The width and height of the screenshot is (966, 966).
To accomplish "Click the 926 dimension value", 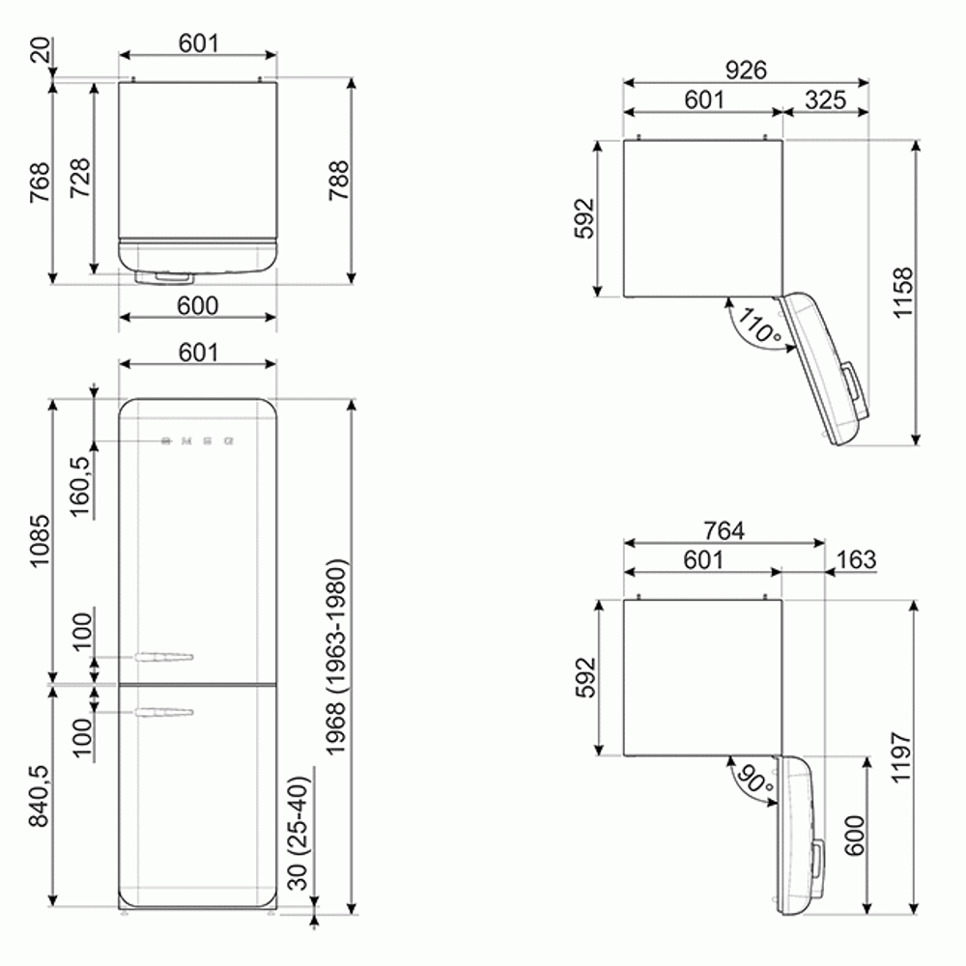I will [x=746, y=70].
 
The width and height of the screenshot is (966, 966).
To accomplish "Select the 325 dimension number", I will [x=824, y=99].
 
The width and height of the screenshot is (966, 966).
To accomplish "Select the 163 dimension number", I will [x=856, y=559].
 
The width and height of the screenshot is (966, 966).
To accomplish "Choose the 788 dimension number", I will [x=339, y=181].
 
